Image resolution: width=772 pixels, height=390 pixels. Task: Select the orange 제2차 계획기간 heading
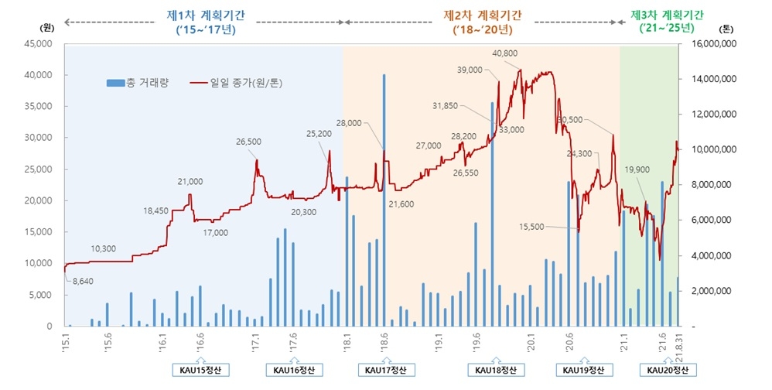pos(483,15)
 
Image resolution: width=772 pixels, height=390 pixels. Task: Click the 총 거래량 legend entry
pos(140,81)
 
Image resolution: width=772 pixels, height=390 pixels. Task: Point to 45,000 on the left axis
pos(36,44)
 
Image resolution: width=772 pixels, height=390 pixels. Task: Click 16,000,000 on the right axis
pos(712,44)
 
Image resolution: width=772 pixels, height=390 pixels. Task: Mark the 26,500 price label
pos(249,142)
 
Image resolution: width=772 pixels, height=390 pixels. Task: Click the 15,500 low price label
pos(531,227)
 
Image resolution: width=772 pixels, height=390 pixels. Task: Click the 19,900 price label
pos(637,169)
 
